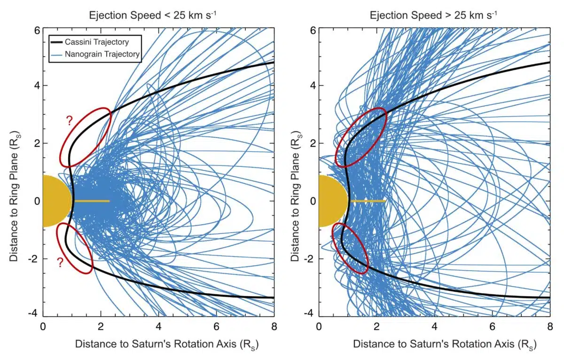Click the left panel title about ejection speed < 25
153,15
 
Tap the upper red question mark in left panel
69,121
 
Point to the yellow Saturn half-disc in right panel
332,201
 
